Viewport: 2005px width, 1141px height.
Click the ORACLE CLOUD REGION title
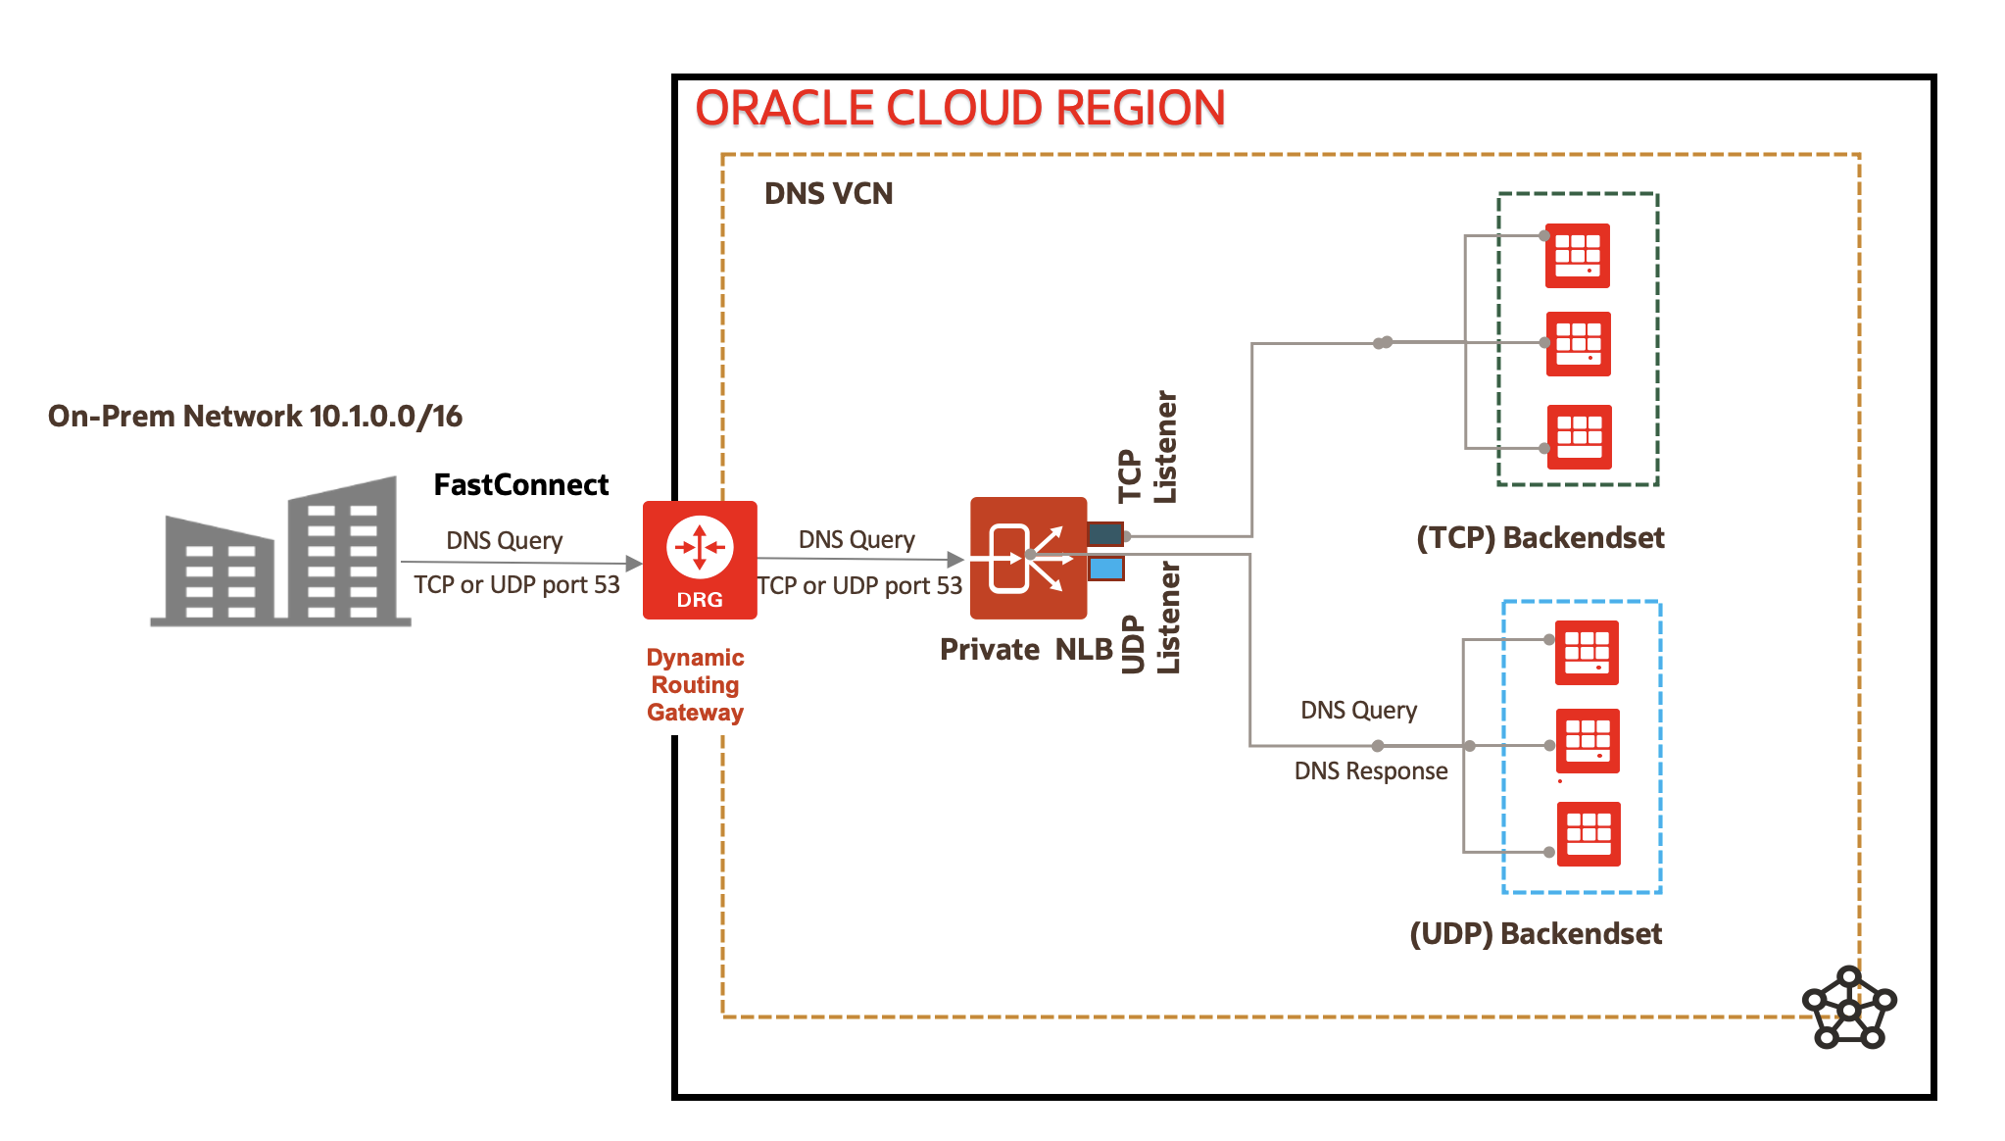[x=959, y=108]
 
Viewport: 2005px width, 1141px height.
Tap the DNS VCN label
[x=828, y=193]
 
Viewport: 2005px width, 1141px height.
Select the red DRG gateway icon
[x=700, y=560]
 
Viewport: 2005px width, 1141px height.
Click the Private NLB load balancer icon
[x=1028, y=558]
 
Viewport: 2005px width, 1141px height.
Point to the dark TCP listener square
[x=1105, y=534]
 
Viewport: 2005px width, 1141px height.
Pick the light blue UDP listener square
[x=1106, y=569]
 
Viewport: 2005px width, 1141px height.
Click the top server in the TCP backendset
[x=1578, y=255]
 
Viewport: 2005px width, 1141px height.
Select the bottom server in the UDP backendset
[x=1589, y=834]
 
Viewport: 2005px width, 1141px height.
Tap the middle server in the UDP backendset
[x=1588, y=741]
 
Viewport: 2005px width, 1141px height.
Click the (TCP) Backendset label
[x=1540, y=537]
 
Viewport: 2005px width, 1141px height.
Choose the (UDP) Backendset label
[x=1536, y=933]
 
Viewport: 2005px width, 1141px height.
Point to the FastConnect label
[x=521, y=484]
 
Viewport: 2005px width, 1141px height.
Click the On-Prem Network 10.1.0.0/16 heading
[x=255, y=416]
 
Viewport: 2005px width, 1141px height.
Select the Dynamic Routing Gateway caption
[x=695, y=684]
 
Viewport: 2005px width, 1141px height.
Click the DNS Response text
[x=1371, y=770]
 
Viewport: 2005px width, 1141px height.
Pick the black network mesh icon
[x=1849, y=1008]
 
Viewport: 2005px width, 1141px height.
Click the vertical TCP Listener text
[x=1148, y=448]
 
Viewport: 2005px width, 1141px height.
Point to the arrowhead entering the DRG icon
[x=633, y=564]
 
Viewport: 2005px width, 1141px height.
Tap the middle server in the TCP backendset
[x=1579, y=344]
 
